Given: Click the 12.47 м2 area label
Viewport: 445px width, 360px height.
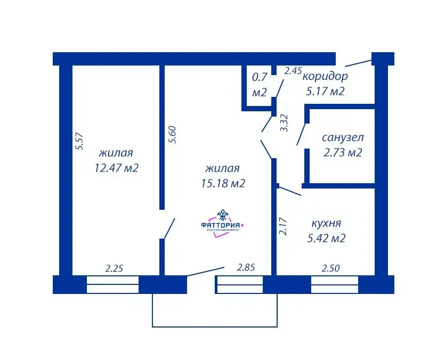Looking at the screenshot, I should coord(116,168).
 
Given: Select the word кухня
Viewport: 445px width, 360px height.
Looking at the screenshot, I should coord(326,223).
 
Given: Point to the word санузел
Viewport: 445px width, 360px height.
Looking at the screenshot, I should coord(343,137).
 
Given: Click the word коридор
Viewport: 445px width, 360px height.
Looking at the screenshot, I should coord(325,76).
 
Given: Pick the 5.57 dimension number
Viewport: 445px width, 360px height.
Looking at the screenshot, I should coord(80,141).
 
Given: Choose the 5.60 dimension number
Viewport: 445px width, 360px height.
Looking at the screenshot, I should coord(172,134).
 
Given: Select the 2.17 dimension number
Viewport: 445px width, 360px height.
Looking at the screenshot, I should coord(284,225).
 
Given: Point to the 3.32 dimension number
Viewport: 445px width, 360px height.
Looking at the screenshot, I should coord(284,123).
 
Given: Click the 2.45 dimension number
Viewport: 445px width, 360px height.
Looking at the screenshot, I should coord(293,70).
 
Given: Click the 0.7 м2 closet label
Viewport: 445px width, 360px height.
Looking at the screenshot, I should coord(260,84).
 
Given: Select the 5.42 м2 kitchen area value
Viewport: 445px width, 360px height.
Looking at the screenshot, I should coord(326,239).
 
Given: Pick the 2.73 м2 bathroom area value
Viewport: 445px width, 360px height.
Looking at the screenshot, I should coord(343,153).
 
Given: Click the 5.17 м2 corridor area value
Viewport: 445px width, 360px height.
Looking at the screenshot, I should coord(325,91).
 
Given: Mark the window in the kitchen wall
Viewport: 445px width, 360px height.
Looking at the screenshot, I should coord(334,284).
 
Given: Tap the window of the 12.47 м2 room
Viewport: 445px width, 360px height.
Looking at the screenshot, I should coord(112,284).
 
